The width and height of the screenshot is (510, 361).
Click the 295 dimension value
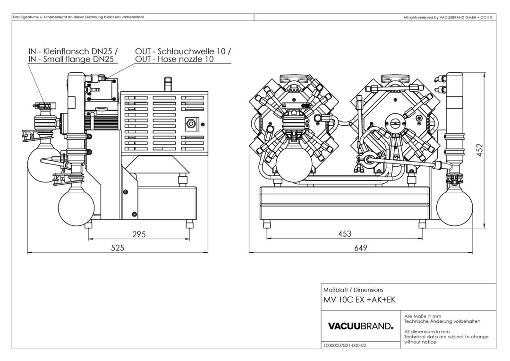138,233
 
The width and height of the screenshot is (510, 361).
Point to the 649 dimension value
360,248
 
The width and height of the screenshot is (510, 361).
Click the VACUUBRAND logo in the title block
360,326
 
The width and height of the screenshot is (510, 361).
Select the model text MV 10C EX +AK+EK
359,300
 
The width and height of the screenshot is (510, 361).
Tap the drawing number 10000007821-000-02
346,345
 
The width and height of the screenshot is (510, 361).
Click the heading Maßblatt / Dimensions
353,289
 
